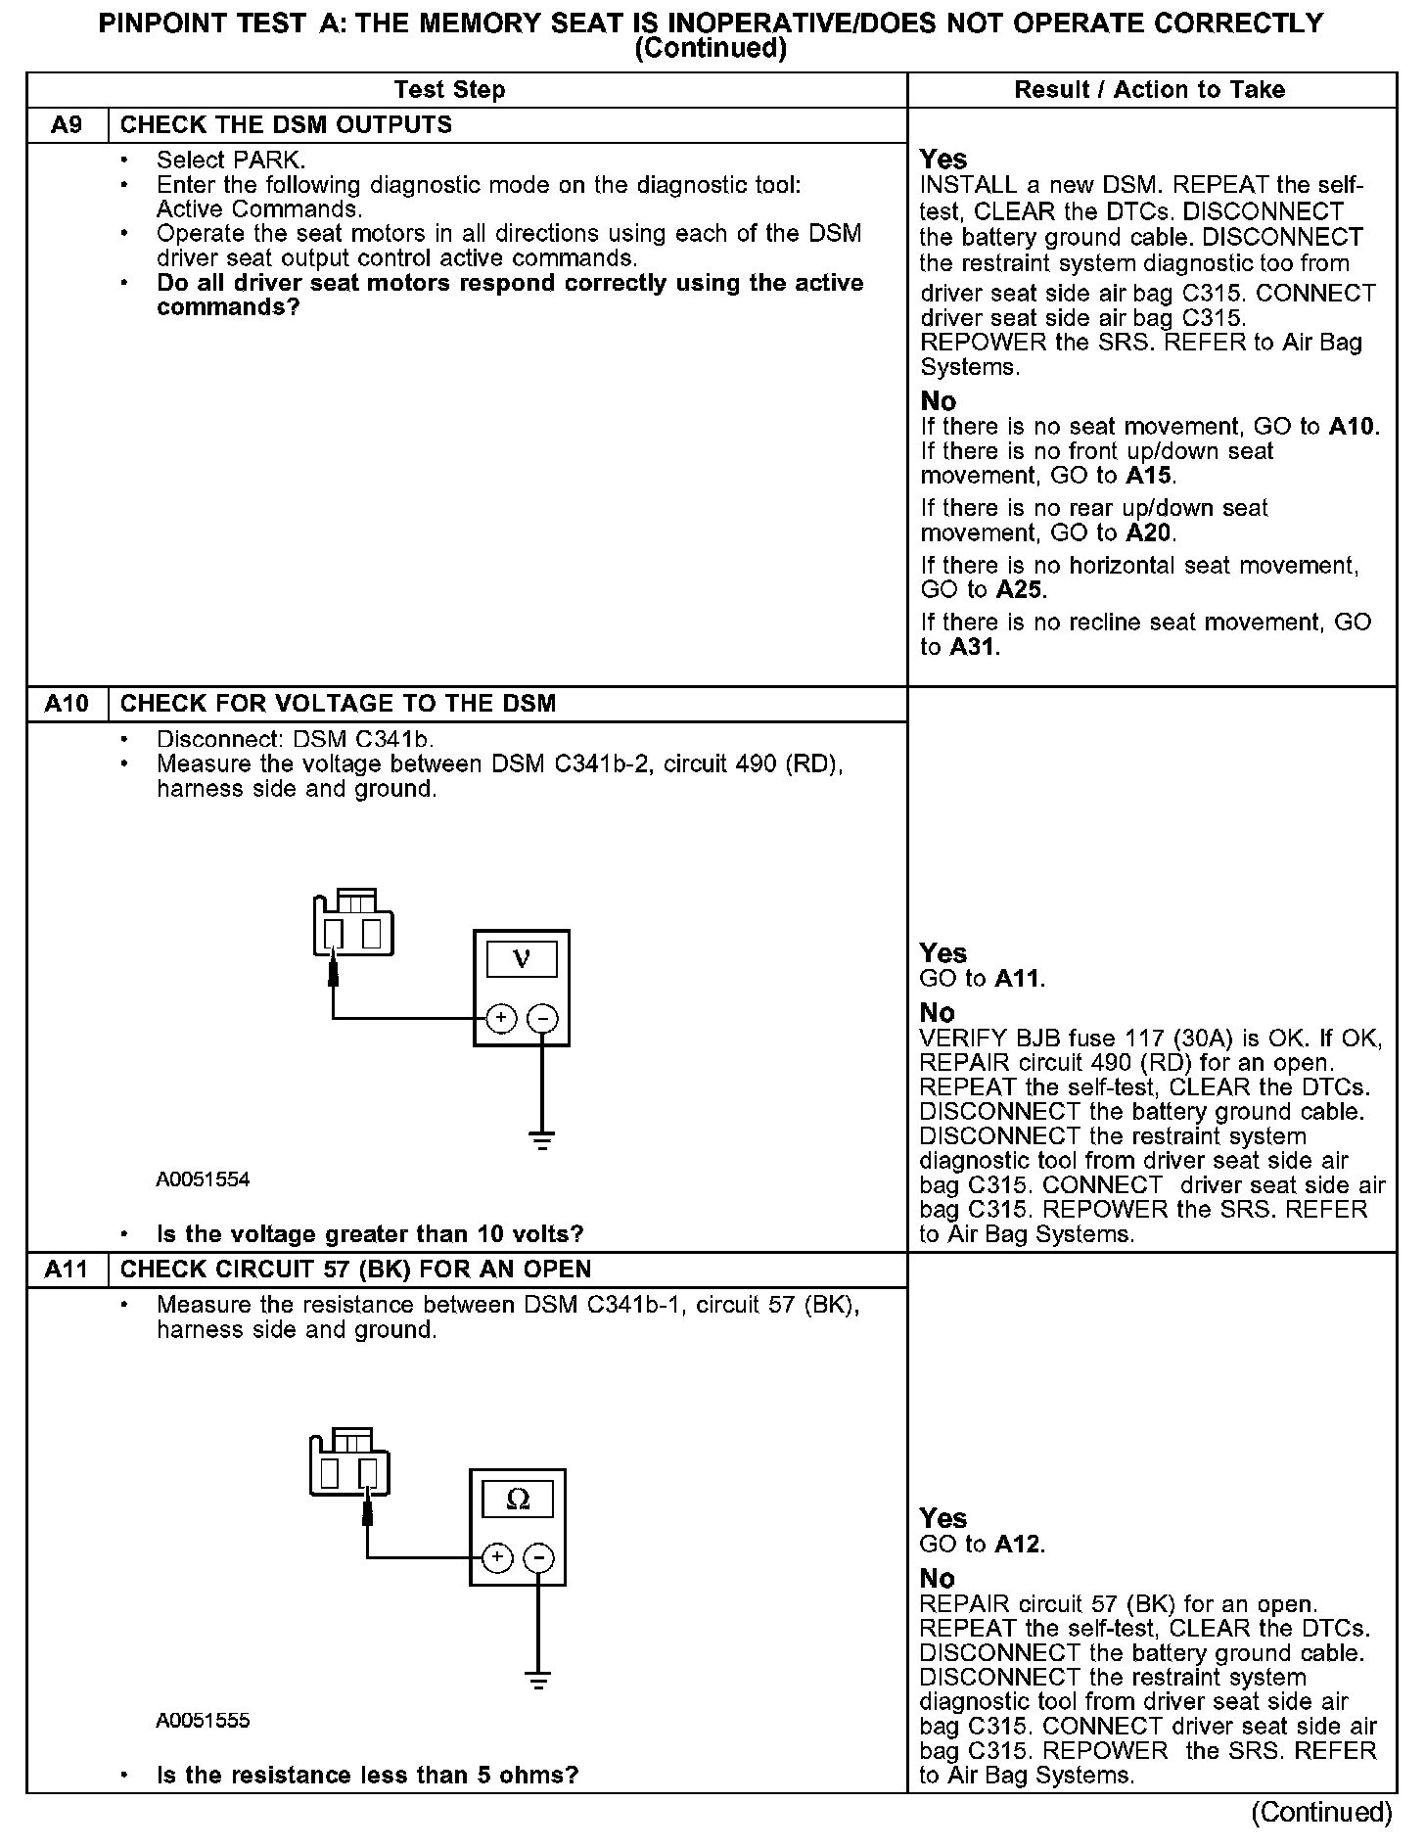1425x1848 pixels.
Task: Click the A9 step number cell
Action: [x=67, y=125]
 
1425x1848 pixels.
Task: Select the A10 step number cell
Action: [x=67, y=704]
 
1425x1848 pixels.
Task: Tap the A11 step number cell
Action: [x=67, y=1270]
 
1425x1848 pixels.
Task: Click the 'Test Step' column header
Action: [x=449, y=90]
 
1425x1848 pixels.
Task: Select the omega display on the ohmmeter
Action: [x=518, y=1499]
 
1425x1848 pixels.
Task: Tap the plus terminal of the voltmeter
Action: [x=500, y=1019]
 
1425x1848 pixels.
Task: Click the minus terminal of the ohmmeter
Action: [x=539, y=1557]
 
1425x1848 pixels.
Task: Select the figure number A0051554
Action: [x=203, y=1179]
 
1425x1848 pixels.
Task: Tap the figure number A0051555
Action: [x=203, y=1721]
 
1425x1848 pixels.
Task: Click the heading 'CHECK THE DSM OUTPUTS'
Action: [x=286, y=125]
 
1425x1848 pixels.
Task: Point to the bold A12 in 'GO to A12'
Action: [x=1019, y=1545]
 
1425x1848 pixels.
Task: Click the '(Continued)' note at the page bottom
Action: [x=1321, y=1812]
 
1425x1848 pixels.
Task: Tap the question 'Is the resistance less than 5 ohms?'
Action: [x=367, y=1775]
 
